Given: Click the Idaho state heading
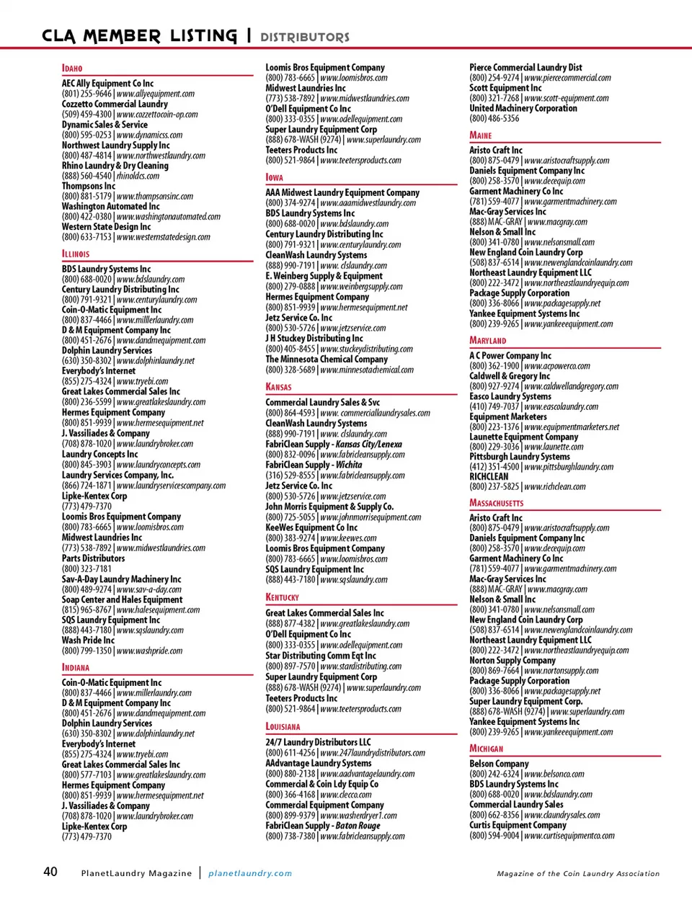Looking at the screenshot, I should [x=72, y=68].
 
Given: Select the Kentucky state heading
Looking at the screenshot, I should [x=282, y=597].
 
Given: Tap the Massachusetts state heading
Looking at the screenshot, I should [x=496, y=503].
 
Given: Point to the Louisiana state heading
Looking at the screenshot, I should [x=283, y=727].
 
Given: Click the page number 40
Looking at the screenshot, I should [x=50, y=872].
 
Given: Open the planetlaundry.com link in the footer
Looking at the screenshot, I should [x=250, y=873].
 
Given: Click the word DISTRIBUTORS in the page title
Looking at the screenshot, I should [x=304, y=37].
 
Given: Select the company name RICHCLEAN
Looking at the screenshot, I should [x=489, y=476].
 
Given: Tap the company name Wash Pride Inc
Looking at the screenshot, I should [x=88, y=640].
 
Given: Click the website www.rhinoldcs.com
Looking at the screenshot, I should [x=138, y=176].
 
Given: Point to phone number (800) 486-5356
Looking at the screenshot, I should [x=494, y=118].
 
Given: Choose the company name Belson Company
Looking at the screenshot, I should [x=499, y=764].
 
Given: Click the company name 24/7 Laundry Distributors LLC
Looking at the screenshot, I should [x=318, y=742].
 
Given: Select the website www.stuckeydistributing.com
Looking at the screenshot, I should [x=366, y=349].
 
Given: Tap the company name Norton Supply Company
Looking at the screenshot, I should [x=513, y=660].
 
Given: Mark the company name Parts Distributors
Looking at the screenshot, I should [x=93, y=558].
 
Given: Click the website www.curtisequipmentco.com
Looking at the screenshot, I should [x=569, y=836].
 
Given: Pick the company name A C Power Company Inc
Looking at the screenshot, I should [x=510, y=355].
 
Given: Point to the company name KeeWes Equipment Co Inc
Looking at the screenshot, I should [x=311, y=527].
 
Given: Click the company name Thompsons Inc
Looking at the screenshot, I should [x=89, y=186].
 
